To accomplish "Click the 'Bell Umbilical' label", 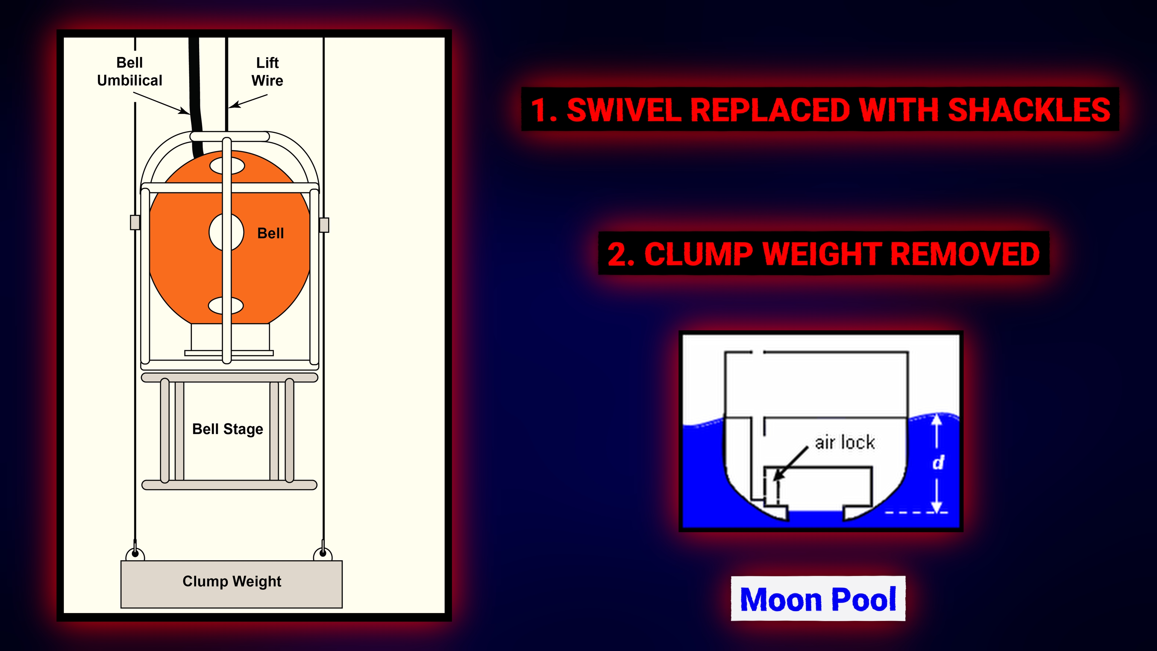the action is click(129, 71).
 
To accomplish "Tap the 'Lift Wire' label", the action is click(267, 71).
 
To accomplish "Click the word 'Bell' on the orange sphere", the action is click(270, 233).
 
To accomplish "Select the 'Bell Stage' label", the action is click(228, 429).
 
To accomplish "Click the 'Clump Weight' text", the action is click(232, 581).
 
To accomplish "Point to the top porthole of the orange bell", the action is click(227, 166).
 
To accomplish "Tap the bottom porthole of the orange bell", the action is click(226, 306).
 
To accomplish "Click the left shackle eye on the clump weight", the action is click(135, 554).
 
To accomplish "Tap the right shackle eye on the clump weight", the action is click(322, 554).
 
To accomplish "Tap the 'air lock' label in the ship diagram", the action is click(845, 442).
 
